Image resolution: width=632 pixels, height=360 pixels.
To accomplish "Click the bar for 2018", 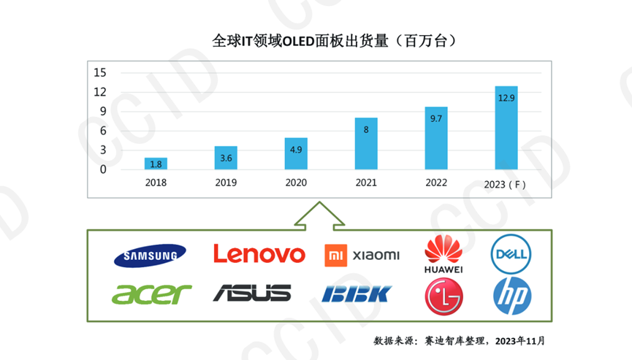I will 156,164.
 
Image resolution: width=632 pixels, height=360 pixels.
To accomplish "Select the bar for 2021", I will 366,143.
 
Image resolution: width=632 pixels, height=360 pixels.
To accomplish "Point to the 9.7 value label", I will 435,118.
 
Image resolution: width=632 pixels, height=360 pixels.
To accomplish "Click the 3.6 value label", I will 225,158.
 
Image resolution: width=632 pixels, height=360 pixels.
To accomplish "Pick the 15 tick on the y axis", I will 99,72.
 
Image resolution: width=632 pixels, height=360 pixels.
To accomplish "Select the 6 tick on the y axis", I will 102,131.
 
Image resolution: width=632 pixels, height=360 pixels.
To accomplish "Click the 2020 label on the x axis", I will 295,183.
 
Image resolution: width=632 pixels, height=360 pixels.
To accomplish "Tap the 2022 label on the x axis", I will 435,183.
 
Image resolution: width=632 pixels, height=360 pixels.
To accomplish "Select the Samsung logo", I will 151,255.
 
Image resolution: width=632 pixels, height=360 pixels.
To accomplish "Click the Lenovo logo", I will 259,254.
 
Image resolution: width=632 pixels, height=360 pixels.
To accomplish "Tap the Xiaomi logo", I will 362,255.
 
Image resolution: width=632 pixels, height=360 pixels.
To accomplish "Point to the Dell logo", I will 511,254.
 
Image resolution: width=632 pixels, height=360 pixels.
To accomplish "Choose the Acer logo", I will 151,294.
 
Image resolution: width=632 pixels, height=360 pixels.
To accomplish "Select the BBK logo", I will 357,294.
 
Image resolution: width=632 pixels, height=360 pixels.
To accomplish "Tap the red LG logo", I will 443,296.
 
